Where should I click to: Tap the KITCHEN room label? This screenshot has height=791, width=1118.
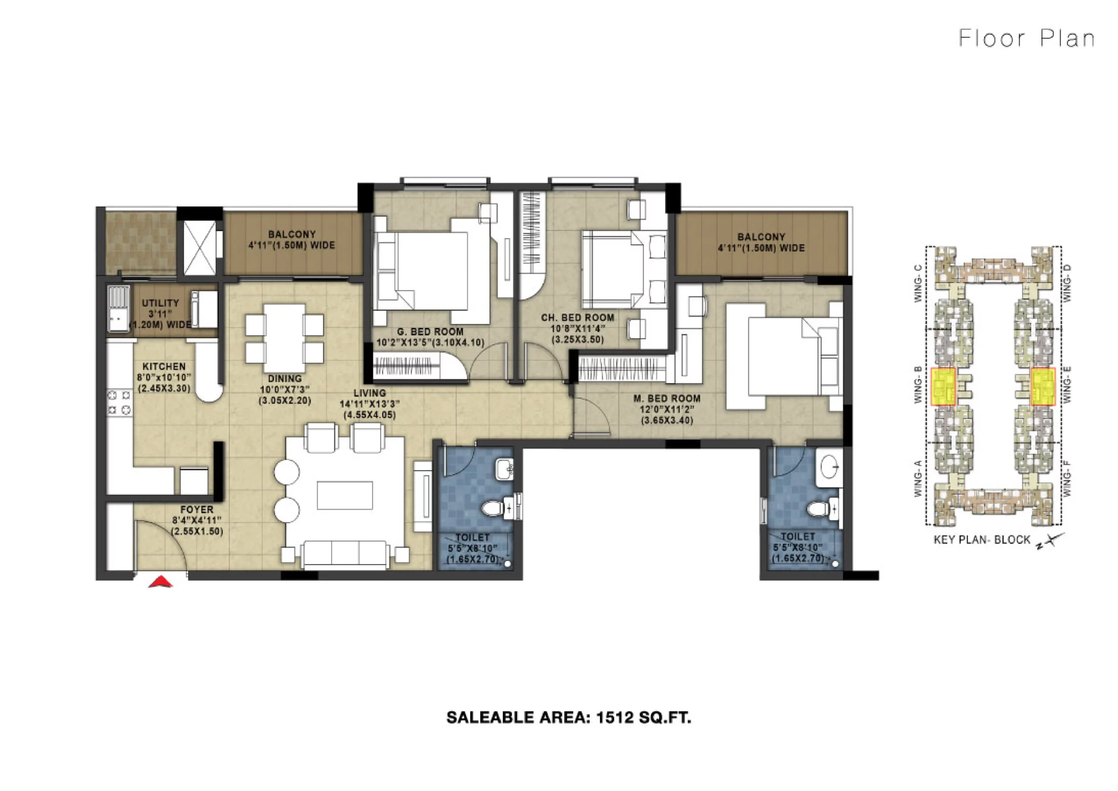click(164, 366)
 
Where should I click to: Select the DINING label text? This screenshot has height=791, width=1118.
click(285, 378)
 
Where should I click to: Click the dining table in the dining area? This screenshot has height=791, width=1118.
click(285, 339)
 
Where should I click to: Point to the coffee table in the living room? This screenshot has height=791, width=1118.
click(345, 495)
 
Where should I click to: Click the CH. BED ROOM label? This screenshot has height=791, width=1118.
click(577, 318)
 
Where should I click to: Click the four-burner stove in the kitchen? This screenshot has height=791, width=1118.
click(119, 402)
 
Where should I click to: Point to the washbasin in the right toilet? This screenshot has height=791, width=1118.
click(829, 468)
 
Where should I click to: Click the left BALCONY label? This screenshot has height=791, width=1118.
click(292, 234)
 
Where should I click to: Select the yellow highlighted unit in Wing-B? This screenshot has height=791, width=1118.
click(943, 387)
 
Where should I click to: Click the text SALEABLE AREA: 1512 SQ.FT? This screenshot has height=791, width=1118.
click(569, 718)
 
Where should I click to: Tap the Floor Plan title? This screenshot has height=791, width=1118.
click(1027, 38)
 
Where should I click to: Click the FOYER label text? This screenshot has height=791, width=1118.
click(197, 509)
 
